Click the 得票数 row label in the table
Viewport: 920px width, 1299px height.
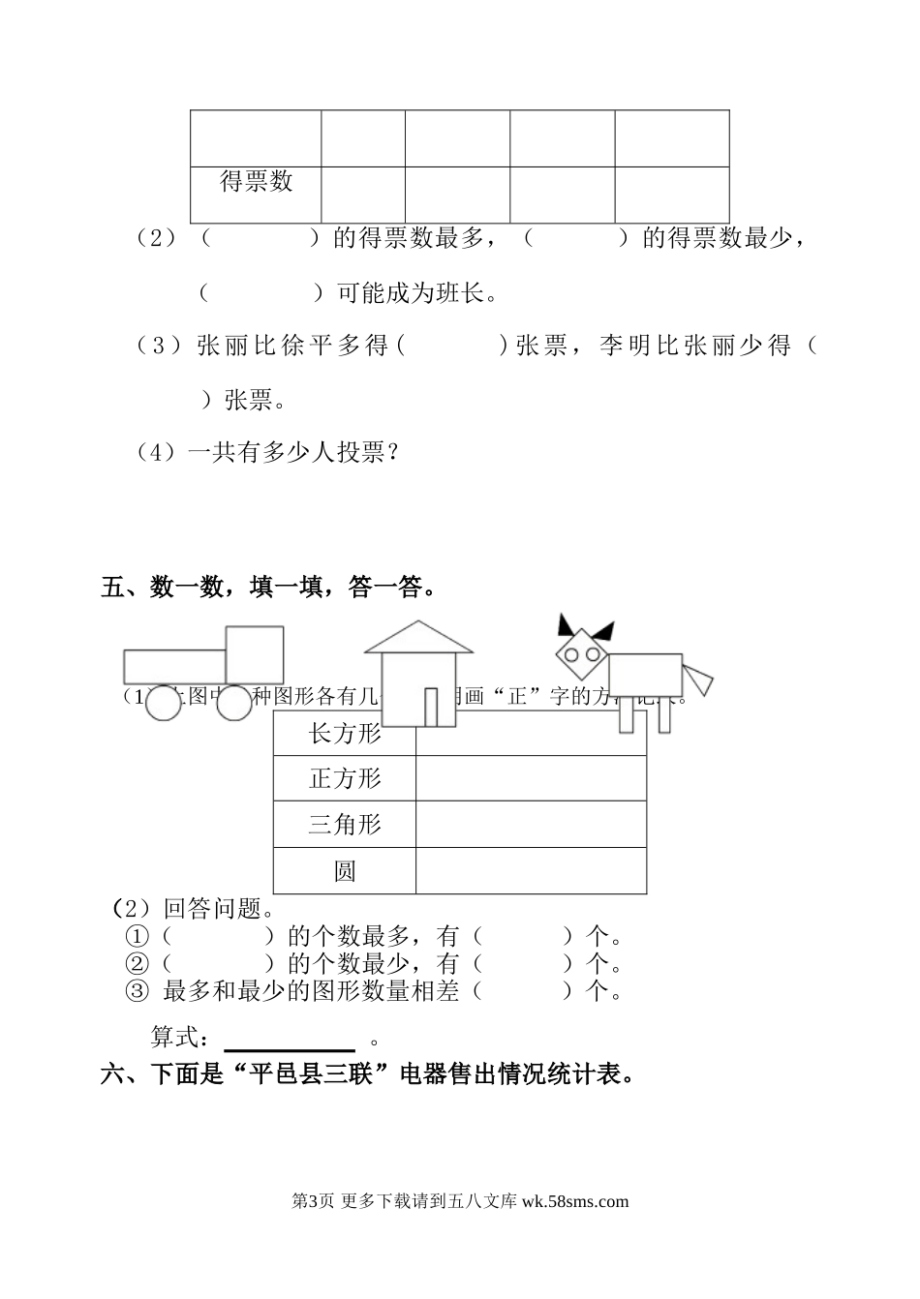(256, 181)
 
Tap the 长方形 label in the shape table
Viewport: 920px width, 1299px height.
(345, 734)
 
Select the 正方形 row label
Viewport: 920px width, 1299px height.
(345, 778)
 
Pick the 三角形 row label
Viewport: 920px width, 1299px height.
(345, 825)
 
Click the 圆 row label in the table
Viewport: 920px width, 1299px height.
(345, 871)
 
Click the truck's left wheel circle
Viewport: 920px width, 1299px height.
(164, 704)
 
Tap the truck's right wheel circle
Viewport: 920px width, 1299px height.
(234, 704)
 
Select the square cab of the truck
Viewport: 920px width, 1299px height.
(255, 654)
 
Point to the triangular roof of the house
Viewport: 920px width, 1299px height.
(418, 638)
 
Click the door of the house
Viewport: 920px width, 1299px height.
(432, 706)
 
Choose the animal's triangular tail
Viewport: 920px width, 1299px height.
(697, 677)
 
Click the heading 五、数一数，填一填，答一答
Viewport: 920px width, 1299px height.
(266, 588)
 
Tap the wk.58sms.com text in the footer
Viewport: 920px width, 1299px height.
(575, 1202)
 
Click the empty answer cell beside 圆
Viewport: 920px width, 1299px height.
(531, 871)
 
